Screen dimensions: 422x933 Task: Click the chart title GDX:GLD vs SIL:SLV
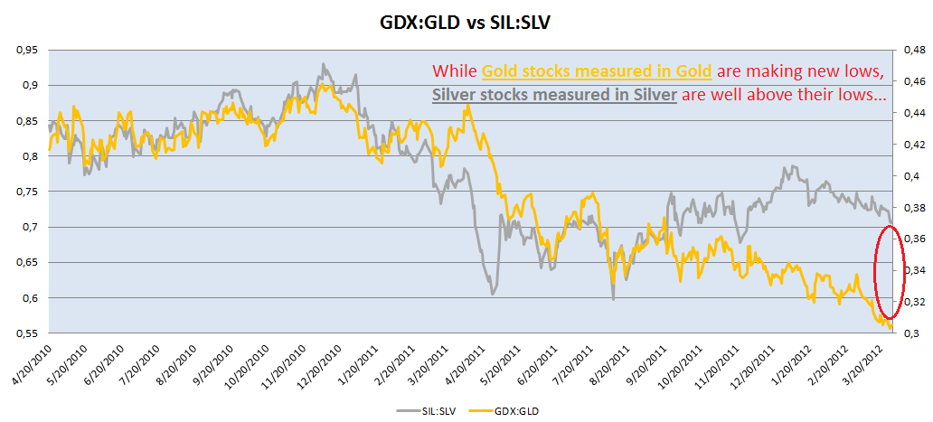[x=466, y=20]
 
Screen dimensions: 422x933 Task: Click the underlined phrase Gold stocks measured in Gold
[x=597, y=72]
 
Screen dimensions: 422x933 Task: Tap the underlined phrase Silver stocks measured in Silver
[x=554, y=94]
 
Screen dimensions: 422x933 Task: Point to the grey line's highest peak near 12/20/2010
[x=323, y=65]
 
